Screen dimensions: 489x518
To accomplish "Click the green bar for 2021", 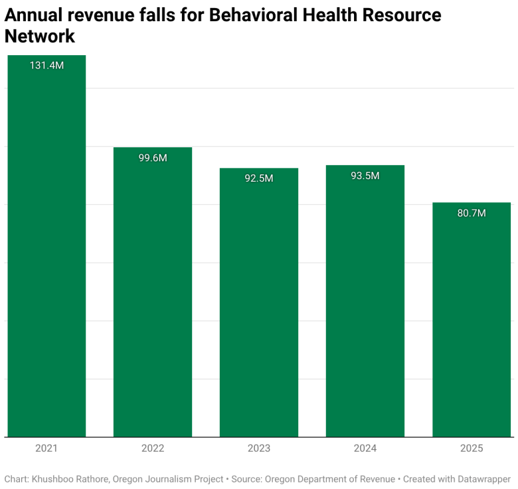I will [x=46, y=252].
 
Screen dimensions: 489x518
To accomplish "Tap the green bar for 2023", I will [x=259, y=305].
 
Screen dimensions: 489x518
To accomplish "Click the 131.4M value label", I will [x=46, y=66].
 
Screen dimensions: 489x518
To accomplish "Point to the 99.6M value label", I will [x=153, y=158].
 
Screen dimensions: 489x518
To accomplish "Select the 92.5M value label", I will [x=259, y=178].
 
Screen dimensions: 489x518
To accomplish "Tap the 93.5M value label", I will [x=365, y=176].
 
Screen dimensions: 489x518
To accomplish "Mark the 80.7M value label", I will [x=472, y=213].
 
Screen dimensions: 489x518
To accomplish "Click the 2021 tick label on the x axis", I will [x=46, y=449].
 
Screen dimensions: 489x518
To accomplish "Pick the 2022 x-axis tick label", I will [x=153, y=449].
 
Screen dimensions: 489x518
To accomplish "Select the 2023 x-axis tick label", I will [x=259, y=449].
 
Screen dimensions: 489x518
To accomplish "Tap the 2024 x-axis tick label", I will [x=365, y=449].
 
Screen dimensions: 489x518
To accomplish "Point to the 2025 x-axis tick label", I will [x=472, y=449].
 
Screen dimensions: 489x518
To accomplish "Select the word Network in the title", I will [x=40, y=37].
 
